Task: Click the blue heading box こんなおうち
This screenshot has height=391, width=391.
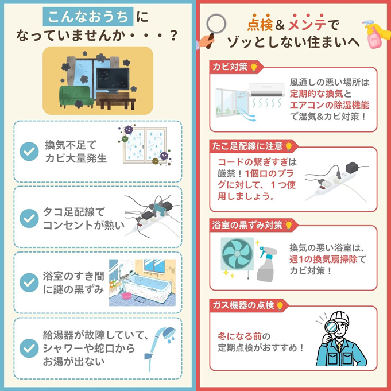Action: pyautogui.click(x=88, y=17)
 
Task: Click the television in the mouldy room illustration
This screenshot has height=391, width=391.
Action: pyautogui.click(x=113, y=80)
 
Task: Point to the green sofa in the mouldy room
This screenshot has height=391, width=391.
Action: pyautogui.click(x=76, y=96)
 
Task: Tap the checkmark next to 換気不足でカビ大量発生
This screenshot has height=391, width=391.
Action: pyautogui.click(x=29, y=152)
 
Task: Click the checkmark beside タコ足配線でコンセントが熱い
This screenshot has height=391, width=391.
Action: pyautogui.click(x=29, y=218)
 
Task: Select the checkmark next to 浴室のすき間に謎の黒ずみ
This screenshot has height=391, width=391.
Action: pyautogui.click(x=29, y=282)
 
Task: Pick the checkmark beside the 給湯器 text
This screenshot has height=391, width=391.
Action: pyautogui.click(x=29, y=349)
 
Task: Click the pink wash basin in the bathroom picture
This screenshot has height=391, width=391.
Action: pyautogui.click(x=127, y=296)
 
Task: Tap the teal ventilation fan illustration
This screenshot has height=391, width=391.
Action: pyautogui.click(x=237, y=254)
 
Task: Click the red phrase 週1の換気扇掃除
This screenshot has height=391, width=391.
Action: pyautogui.click(x=323, y=260)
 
